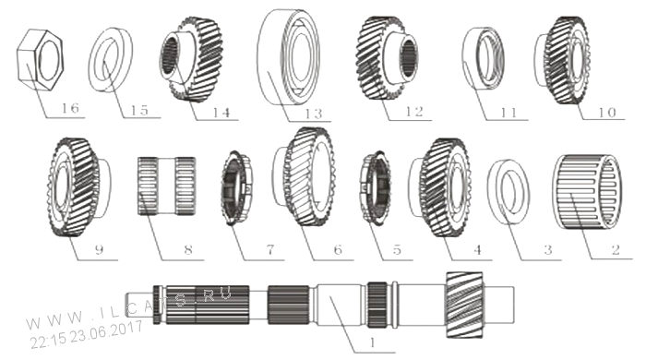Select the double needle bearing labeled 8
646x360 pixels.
point(166,186)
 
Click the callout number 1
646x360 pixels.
point(373,342)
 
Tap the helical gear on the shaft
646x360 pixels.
point(465,305)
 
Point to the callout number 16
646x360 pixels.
point(70,108)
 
